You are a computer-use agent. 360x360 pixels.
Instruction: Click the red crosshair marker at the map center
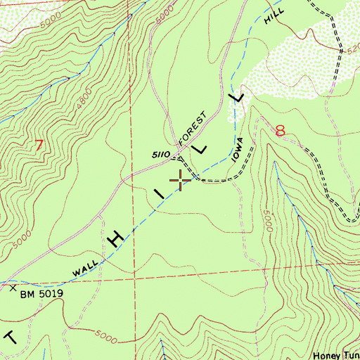181,180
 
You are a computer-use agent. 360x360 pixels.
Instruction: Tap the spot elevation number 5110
162,154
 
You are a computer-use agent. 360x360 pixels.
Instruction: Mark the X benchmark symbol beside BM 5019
12,288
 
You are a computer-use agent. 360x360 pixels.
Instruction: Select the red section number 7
39,146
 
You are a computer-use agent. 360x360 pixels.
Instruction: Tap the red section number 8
282,131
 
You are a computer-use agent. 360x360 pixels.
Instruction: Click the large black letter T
9,336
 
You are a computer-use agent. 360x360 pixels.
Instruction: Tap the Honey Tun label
336,354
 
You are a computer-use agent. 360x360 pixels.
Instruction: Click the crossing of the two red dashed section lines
134,280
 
